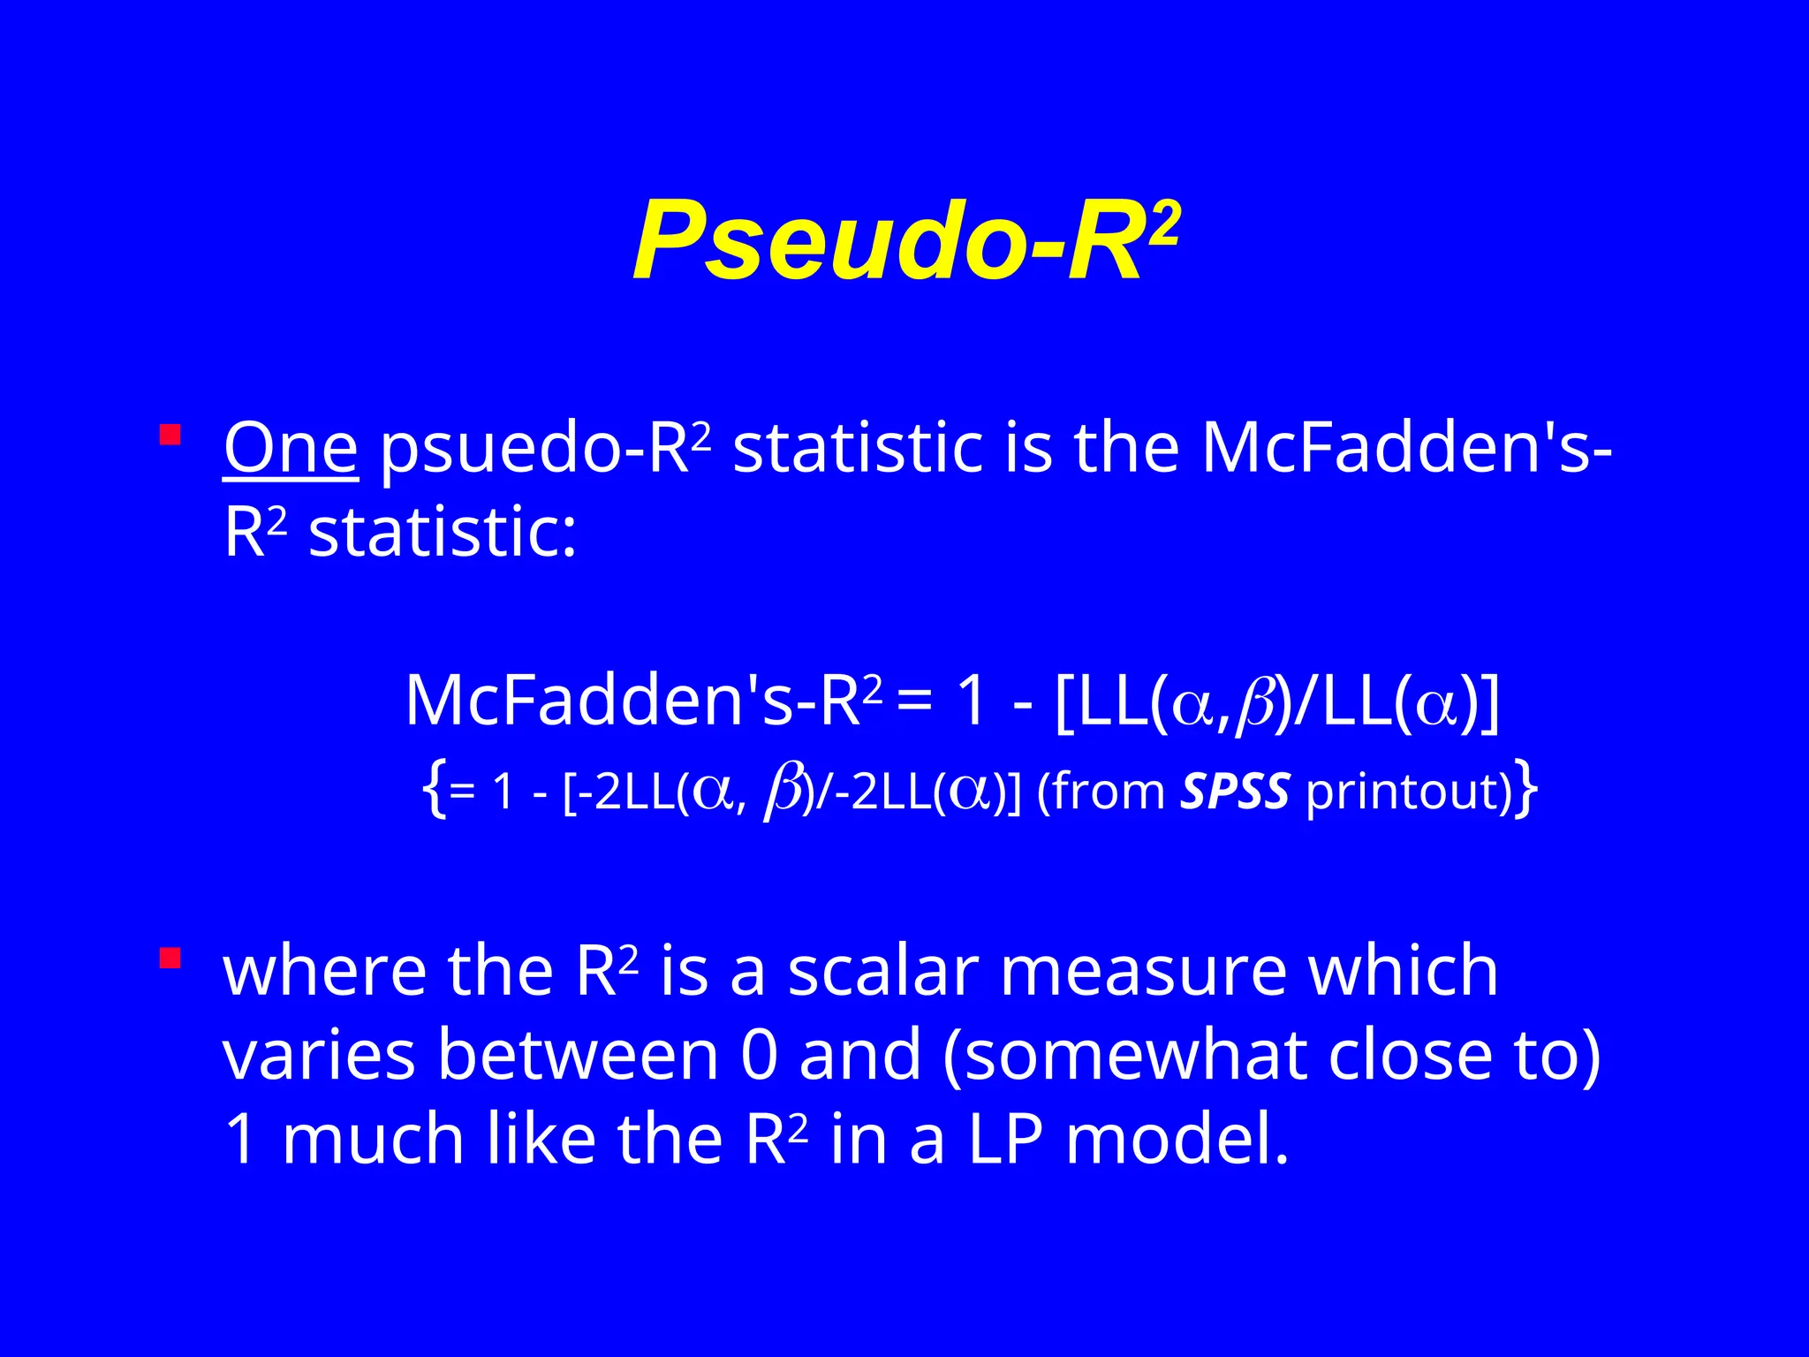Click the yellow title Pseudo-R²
[905, 240]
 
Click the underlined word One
[291, 449]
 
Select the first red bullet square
[170, 435]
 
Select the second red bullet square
[170, 958]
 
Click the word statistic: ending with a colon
[443, 533]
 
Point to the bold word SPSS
[1235, 791]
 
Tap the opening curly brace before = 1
[433, 791]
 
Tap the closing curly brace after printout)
[1525, 791]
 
